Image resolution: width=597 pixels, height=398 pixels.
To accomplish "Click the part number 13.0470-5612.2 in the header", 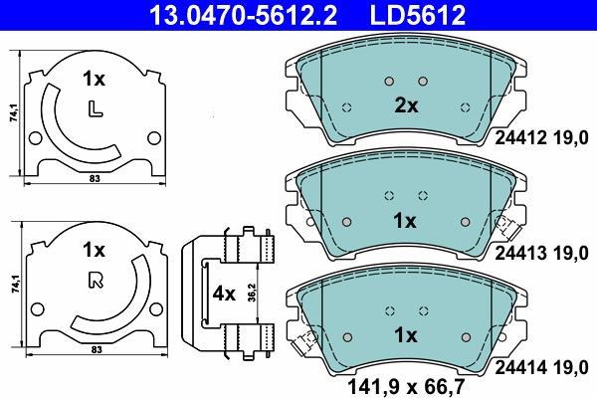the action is click(243, 15).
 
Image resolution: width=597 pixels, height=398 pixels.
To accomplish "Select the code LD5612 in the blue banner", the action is click(418, 15).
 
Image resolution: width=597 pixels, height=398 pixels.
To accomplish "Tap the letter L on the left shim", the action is click(95, 109).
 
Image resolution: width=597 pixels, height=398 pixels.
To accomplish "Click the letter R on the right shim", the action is click(96, 281).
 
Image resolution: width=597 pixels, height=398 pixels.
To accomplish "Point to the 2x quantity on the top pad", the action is click(406, 105).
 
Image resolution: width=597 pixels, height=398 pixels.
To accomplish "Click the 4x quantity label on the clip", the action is click(224, 294).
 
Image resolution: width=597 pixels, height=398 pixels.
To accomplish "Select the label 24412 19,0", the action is click(541, 138).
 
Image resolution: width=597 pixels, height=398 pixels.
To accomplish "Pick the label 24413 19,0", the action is click(541, 253).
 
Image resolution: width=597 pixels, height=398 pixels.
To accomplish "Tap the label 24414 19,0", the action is click(541, 368).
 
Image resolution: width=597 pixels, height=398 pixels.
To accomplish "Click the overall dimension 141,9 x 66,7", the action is click(406, 387).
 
